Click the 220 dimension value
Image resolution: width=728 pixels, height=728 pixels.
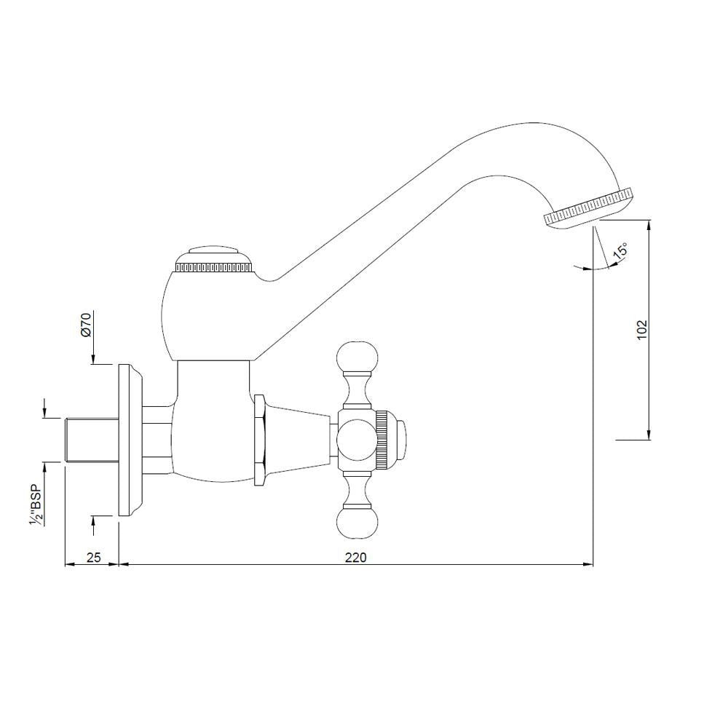pos(355,557)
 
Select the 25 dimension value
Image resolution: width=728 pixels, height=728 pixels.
pos(93,557)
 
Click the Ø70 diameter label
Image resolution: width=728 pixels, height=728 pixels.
pos(85,324)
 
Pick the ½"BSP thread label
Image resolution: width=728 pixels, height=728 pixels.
pos(34,504)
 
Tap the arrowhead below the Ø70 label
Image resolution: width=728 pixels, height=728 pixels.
pos(94,360)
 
